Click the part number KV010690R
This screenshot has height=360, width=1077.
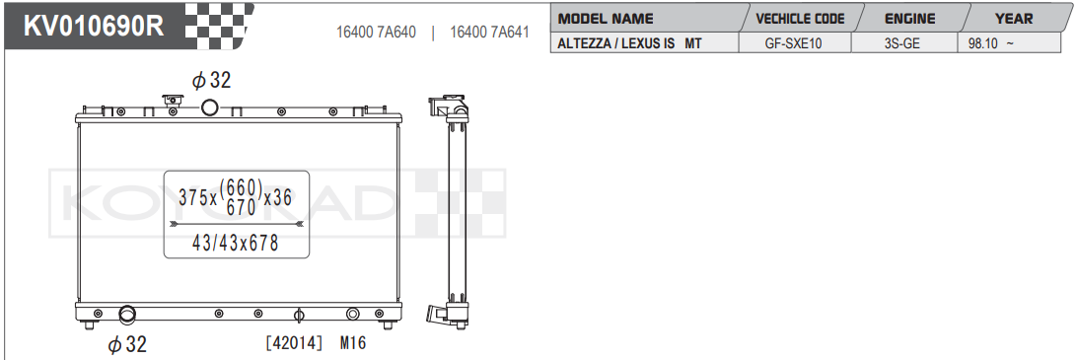pos(94,26)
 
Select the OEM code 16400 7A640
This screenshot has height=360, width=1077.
pos(377,32)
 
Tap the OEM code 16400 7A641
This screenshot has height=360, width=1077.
pos(489,32)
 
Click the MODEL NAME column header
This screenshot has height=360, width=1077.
pos(606,19)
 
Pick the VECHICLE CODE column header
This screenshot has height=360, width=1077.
pos(799,19)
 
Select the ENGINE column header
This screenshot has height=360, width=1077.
pos(909,19)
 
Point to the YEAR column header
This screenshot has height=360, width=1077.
pos(1014,19)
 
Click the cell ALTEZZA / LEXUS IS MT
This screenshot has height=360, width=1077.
pos(630,43)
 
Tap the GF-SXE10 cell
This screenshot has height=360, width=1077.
pos(793,43)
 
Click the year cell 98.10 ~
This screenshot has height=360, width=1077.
pos(992,43)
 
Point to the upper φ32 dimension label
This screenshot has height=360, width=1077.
pos(211,81)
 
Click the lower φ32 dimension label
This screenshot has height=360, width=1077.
pos(127,344)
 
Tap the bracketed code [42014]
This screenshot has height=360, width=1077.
pos(294,343)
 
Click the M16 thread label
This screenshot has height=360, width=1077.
pos(353,343)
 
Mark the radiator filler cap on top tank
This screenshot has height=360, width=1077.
pos(174,102)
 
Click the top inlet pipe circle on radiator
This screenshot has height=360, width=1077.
pos(210,108)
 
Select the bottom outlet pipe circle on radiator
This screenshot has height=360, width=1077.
pos(127,316)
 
